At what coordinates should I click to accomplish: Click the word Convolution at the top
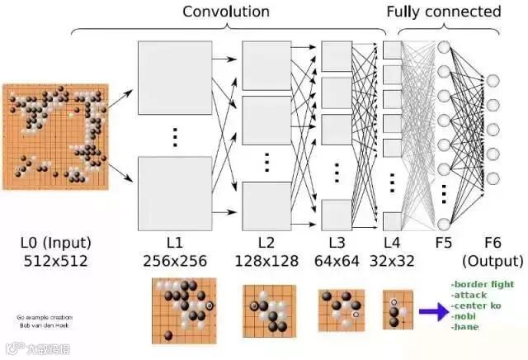[225, 12]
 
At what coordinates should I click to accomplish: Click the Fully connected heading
[443, 12]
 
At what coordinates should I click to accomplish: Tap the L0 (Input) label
[55, 243]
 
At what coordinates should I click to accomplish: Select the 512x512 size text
[55, 262]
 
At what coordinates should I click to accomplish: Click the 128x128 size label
[266, 262]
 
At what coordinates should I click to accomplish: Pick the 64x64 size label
[337, 262]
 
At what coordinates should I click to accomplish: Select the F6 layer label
[493, 243]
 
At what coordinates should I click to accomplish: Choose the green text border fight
[483, 285]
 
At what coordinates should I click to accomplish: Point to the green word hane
[465, 327]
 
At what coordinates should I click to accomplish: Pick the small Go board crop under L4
[394, 310]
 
